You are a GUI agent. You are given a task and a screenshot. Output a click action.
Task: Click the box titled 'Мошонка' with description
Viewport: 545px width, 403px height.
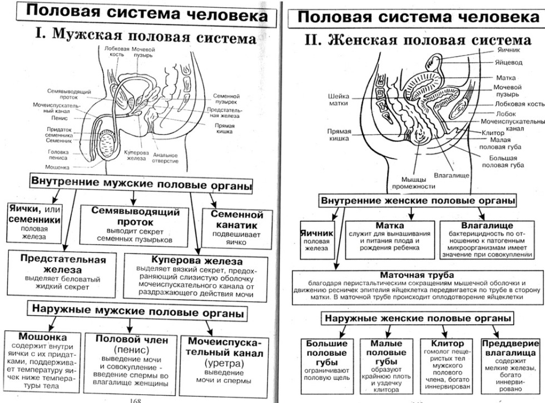coord(43,360)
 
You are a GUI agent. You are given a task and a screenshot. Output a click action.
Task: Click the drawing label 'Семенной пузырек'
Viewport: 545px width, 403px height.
coord(226,99)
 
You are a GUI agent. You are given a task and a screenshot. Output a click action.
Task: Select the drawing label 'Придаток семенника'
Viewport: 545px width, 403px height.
coord(59,132)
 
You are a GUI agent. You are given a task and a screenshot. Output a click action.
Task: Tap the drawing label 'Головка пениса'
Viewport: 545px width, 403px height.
coord(58,155)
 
